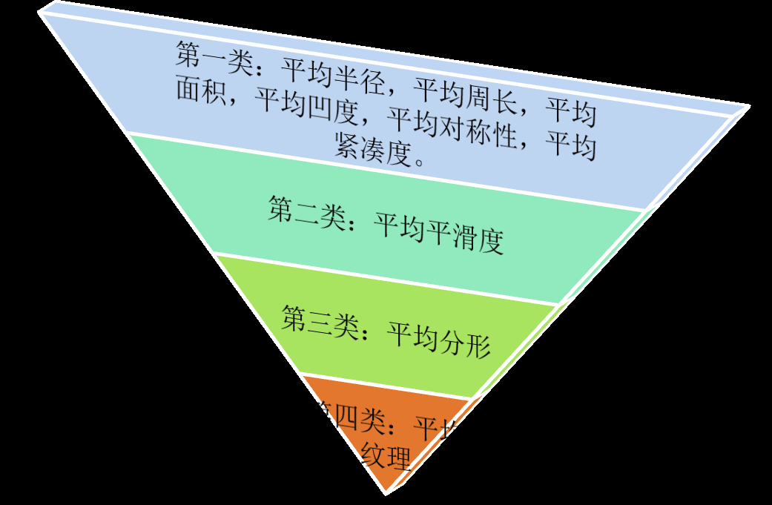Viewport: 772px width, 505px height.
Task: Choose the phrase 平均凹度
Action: coord(308,107)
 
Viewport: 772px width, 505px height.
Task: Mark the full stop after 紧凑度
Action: coord(420,159)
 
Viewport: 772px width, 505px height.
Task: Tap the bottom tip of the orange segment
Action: coord(386,492)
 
